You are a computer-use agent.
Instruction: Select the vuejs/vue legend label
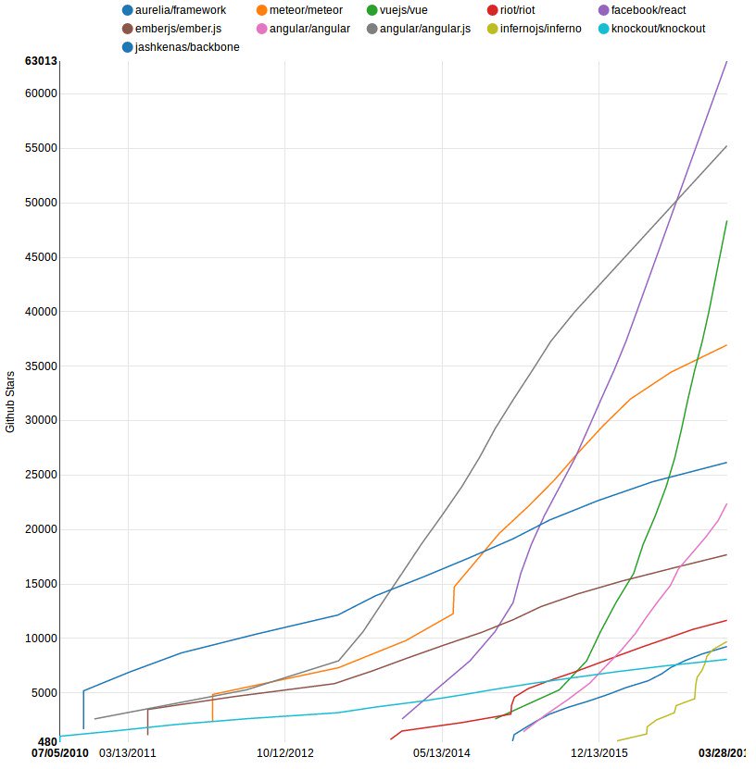pyautogui.click(x=404, y=10)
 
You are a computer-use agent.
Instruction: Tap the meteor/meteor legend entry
pyautogui.click(x=306, y=10)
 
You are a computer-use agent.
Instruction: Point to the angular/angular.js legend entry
pyautogui.click(x=420, y=29)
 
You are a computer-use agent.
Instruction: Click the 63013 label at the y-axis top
pyautogui.click(x=41, y=62)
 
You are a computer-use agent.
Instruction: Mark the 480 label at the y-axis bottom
pyautogui.click(x=47, y=742)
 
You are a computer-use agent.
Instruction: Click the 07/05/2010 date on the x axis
pyautogui.click(x=60, y=753)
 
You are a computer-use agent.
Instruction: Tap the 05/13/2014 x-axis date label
pyautogui.click(x=443, y=753)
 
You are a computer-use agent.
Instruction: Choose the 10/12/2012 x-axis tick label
pyautogui.click(x=285, y=753)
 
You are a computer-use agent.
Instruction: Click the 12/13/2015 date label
pyautogui.click(x=598, y=753)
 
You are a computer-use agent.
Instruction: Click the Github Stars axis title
pyautogui.click(x=11, y=401)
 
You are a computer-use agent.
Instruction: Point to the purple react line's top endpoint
pyautogui.click(x=726, y=62)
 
